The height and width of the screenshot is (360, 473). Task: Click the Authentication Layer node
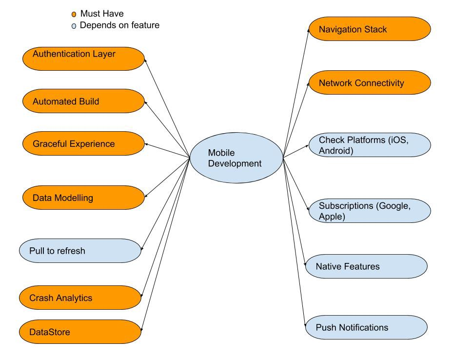pyautogui.click(x=83, y=59)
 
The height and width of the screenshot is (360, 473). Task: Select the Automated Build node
pyautogui.click(x=83, y=101)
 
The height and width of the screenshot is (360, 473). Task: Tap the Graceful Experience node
pyautogui.click(x=83, y=143)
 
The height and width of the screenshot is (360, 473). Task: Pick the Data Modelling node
pyautogui.click(x=83, y=198)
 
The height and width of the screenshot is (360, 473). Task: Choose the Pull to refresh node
pyautogui.click(x=80, y=251)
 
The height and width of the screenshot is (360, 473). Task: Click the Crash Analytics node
pyautogui.click(x=80, y=298)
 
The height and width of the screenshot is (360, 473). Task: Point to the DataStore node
pyautogui.click(x=80, y=332)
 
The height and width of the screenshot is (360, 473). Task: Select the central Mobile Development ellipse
pyautogui.click(x=236, y=159)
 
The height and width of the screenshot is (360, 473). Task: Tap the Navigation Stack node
pyautogui.click(x=370, y=29)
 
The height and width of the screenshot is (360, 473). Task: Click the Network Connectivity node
pyautogui.click(x=370, y=82)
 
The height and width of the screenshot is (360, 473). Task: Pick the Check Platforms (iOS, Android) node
pyautogui.click(x=370, y=145)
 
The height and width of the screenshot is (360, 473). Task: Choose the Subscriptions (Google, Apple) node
pyautogui.click(x=370, y=211)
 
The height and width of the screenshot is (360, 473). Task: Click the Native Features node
pyautogui.click(x=366, y=266)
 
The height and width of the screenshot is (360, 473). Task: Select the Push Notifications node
pyautogui.click(x=366, y=327)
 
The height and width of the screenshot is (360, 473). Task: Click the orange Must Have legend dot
pyautogui.click(x=74, y=15)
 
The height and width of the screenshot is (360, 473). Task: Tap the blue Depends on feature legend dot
pyautogui.click(x=74, y=26)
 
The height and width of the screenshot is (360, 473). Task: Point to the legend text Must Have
pyautogui.click(x=101, y=14)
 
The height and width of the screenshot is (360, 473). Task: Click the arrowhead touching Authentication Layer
pyautogui.click(x=146, y=60)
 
